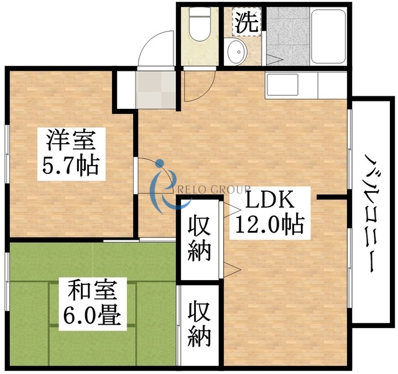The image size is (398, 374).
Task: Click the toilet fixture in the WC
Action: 200,25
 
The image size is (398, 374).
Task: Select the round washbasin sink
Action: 237,52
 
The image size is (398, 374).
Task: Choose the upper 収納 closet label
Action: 200,239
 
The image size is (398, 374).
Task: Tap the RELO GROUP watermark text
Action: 215,189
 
